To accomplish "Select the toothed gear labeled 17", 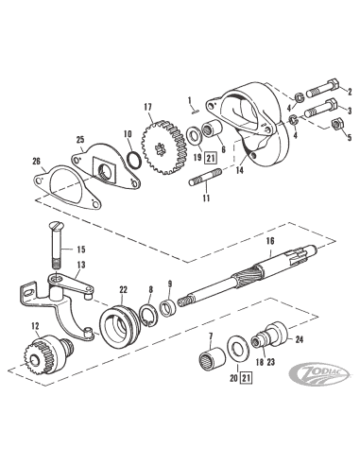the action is pos(163,147).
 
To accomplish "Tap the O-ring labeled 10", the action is pos(132,156).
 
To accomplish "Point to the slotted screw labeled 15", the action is pos(56,246).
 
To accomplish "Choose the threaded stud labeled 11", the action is pos(205,177).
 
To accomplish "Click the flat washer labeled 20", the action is pos(238,349).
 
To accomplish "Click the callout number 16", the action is pos(270,241).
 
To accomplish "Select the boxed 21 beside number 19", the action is pos(211,158).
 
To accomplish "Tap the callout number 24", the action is pos(300,339).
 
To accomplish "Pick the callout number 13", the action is pos(81,265).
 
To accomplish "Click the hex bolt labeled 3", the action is pos(320,108).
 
